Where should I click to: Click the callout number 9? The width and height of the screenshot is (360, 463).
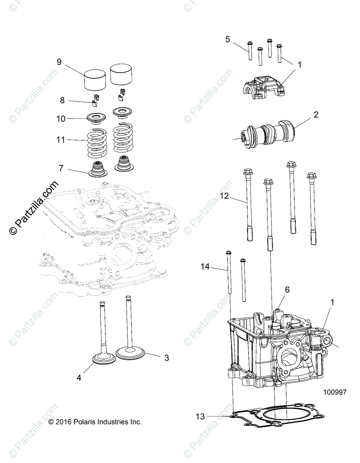point(59,62)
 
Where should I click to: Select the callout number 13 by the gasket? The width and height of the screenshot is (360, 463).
point(200,416)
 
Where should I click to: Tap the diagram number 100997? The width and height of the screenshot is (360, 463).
point(335,392)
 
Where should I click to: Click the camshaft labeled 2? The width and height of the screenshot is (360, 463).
point(270,133)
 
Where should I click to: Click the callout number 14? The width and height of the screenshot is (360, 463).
point(205,266)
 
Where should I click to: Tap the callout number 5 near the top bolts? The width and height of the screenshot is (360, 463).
point(227,39)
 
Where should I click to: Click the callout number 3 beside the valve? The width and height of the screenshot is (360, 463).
point(166,358)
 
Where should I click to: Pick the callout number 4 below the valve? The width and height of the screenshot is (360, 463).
point(79,378)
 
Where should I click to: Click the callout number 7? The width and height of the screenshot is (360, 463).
point(61,168)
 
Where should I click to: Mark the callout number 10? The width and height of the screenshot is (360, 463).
point(61,119)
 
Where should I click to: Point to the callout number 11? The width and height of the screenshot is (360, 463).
point(61,140)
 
